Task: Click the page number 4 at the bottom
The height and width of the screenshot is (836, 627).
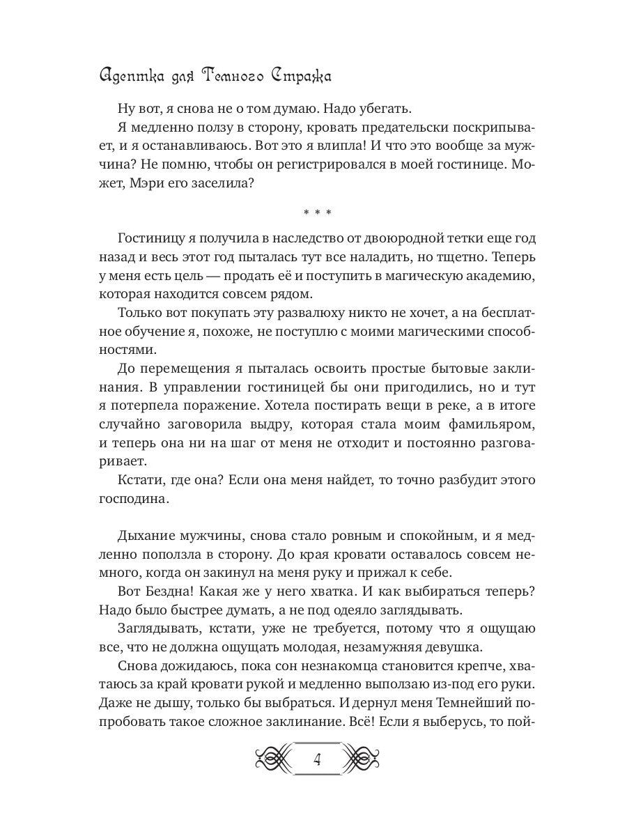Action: pos(316,759)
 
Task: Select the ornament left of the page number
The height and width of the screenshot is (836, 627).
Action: pos(272,759)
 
